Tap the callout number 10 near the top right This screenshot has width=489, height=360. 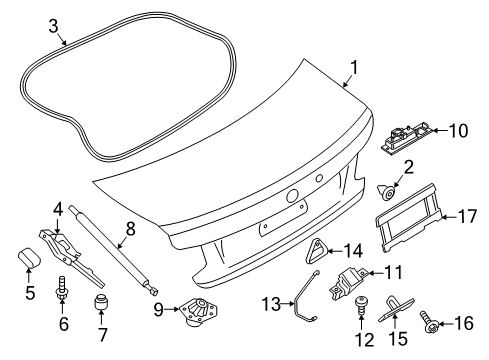point(458,129)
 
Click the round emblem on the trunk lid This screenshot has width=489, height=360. point(295,197)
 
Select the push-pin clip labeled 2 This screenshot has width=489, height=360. point(384,188)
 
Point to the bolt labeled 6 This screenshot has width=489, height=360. point(63,289)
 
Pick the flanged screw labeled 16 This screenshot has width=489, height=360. point(434,324)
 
